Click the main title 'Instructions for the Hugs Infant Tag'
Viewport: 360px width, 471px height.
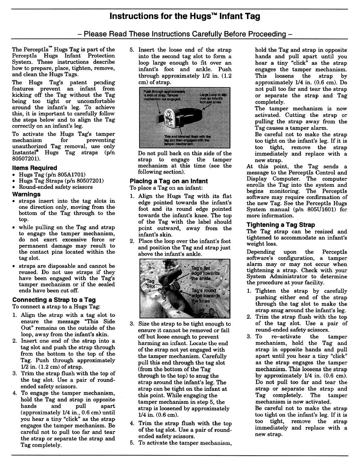pyautogui.click(x=185, y=16)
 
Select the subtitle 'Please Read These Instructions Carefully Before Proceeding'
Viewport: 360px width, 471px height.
pyautogui.click(x=185, y=34)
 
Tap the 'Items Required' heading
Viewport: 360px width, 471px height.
pyautogui.click(x=34, y=168)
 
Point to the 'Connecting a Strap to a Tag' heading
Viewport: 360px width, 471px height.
pyautogui.click(x=54, y=300)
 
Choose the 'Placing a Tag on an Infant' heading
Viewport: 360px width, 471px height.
pyautogui.click(x=169, y=181)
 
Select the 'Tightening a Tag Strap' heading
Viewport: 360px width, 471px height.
pyautogui.click(x=280, y=225)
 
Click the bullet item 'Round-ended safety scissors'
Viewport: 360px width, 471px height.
pyautogui.click(x=56, y=187)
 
